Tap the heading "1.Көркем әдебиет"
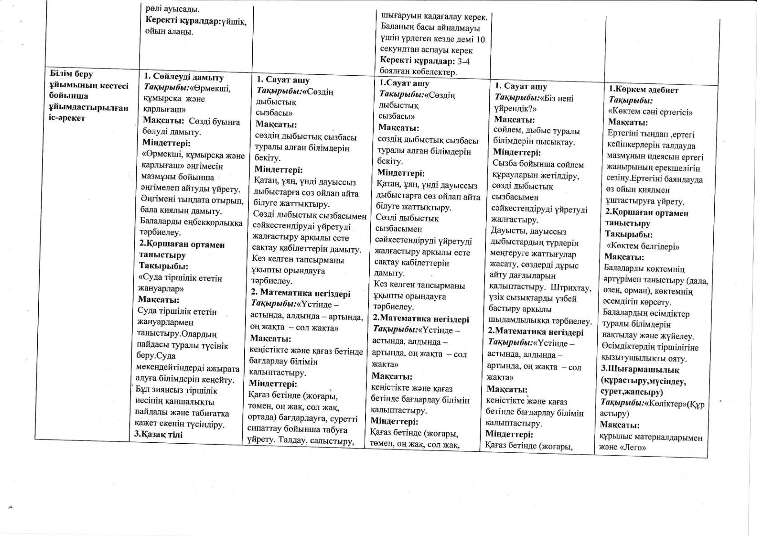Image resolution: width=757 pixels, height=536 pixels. pos(643,90)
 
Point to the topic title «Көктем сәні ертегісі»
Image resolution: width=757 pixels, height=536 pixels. pos(650,112)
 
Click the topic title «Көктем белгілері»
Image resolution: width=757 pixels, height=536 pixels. pos(643,246)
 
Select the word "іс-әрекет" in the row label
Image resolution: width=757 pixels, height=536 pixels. pos(67,118)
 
